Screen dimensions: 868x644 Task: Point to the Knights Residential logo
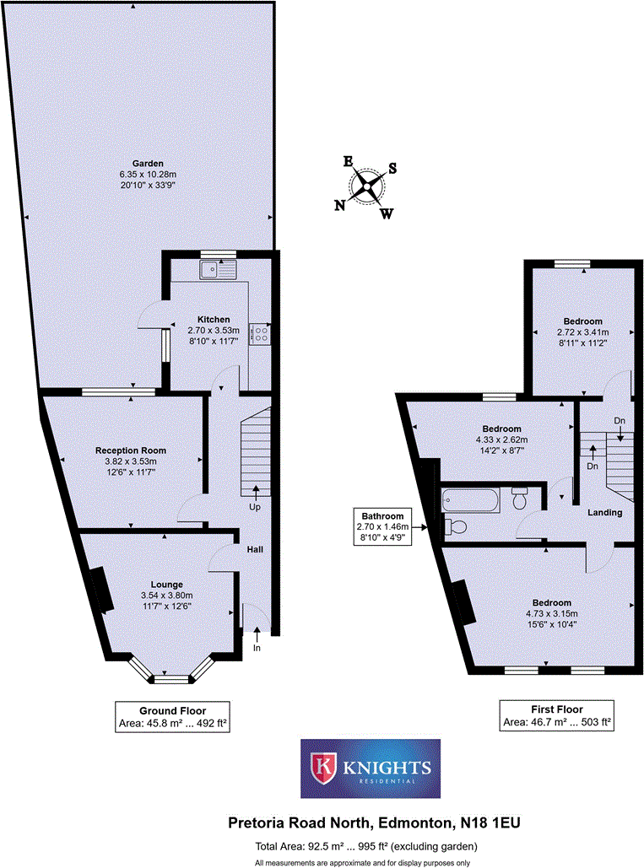371,768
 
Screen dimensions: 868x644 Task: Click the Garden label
147,164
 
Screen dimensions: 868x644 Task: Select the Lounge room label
167,585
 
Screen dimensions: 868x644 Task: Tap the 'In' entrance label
256,648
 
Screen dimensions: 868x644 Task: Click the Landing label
605,512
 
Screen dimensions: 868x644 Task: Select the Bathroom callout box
383,527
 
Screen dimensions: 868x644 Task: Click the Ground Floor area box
172,716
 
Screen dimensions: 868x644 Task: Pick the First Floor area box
557,715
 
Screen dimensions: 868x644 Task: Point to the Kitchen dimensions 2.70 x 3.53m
214,330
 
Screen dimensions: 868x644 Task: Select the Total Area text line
366,846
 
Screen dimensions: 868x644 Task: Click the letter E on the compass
347,162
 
